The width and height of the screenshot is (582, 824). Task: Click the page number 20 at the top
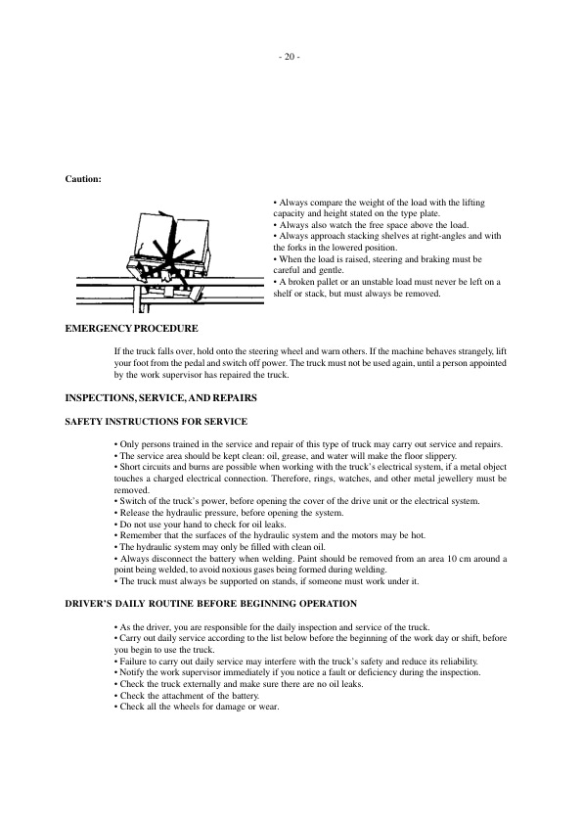coord(290,57)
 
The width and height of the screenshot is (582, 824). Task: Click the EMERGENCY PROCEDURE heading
coord(131,328)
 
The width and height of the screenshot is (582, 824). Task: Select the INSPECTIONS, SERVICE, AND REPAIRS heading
coord(159,399)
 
